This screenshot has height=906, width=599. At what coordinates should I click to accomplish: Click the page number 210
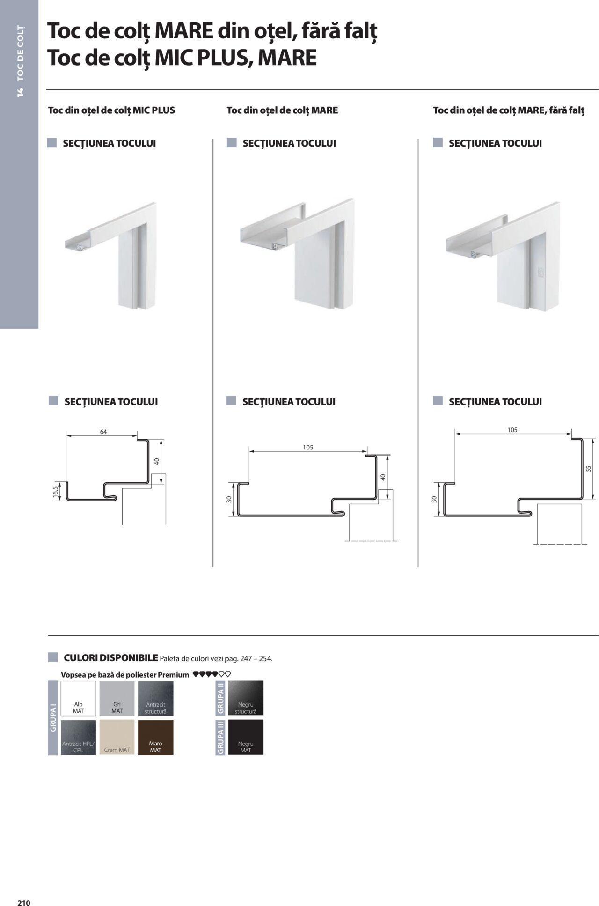pyautogui.click(x=24, y=890)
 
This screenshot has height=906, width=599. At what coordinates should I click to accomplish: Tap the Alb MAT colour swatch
pyautogui.click(x=78, y=698)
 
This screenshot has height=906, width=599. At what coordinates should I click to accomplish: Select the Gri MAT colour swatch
pyautogui.click(x=117, y=698)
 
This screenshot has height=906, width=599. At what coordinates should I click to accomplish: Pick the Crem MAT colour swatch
pyautogui.click(x=117, y=737)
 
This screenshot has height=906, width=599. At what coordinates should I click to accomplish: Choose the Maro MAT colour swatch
pyautogui.click(x=155, y=737)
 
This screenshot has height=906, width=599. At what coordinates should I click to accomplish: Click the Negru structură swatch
pyautogui.click(x=246, y=698)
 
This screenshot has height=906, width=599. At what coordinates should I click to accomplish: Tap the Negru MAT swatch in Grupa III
pyautogui.click(x=246, y=737)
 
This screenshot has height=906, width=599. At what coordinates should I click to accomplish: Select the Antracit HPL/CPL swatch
pyautogui.click(x=78, y=737)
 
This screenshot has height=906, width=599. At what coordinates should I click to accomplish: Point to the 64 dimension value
pyautogui.click(x=103, y=432)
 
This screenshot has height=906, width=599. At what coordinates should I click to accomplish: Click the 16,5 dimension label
pyautogui.click(x=55, y=492)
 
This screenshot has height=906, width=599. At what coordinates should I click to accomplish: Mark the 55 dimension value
pyautogui.click(x=589, y=468)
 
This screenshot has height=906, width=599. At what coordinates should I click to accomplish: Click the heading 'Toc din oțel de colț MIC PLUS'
pyautogui.click(x=111, y=110)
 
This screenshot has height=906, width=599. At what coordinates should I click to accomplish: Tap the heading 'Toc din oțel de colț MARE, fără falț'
pyautogui.click(x=509, y=110)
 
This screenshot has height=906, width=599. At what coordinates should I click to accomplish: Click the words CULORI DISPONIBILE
pyautogui.click(x=111, y=658)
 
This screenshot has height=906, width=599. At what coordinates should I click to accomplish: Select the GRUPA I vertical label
pyautogui.click(x=52, y=718)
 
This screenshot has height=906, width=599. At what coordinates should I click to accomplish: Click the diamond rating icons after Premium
pyautogui.click(x=212, y=675)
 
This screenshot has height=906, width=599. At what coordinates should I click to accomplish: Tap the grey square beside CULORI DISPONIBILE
pyautogui.click(x=53, y=657)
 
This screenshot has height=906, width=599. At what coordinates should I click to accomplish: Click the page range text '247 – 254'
pyautogui.click(x=256, y=659)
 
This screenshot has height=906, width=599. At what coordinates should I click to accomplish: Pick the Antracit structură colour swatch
pyautogui.click(x=155, y=698)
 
